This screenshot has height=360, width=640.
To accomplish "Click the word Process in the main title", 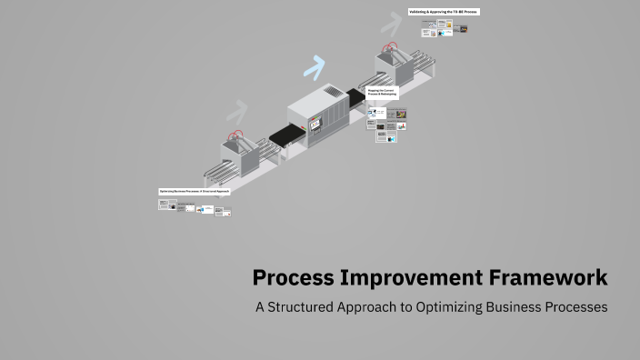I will pos(292,277).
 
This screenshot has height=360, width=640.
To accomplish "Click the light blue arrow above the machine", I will pos(315,66).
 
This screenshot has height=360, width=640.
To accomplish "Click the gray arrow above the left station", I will pos(237,112).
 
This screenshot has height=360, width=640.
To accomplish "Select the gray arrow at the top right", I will pos(393,21).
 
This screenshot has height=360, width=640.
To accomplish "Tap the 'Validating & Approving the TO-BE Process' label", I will pos(443,12).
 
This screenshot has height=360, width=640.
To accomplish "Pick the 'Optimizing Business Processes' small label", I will pos(194,192).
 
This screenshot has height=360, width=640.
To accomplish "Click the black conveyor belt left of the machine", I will pos(285,135).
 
